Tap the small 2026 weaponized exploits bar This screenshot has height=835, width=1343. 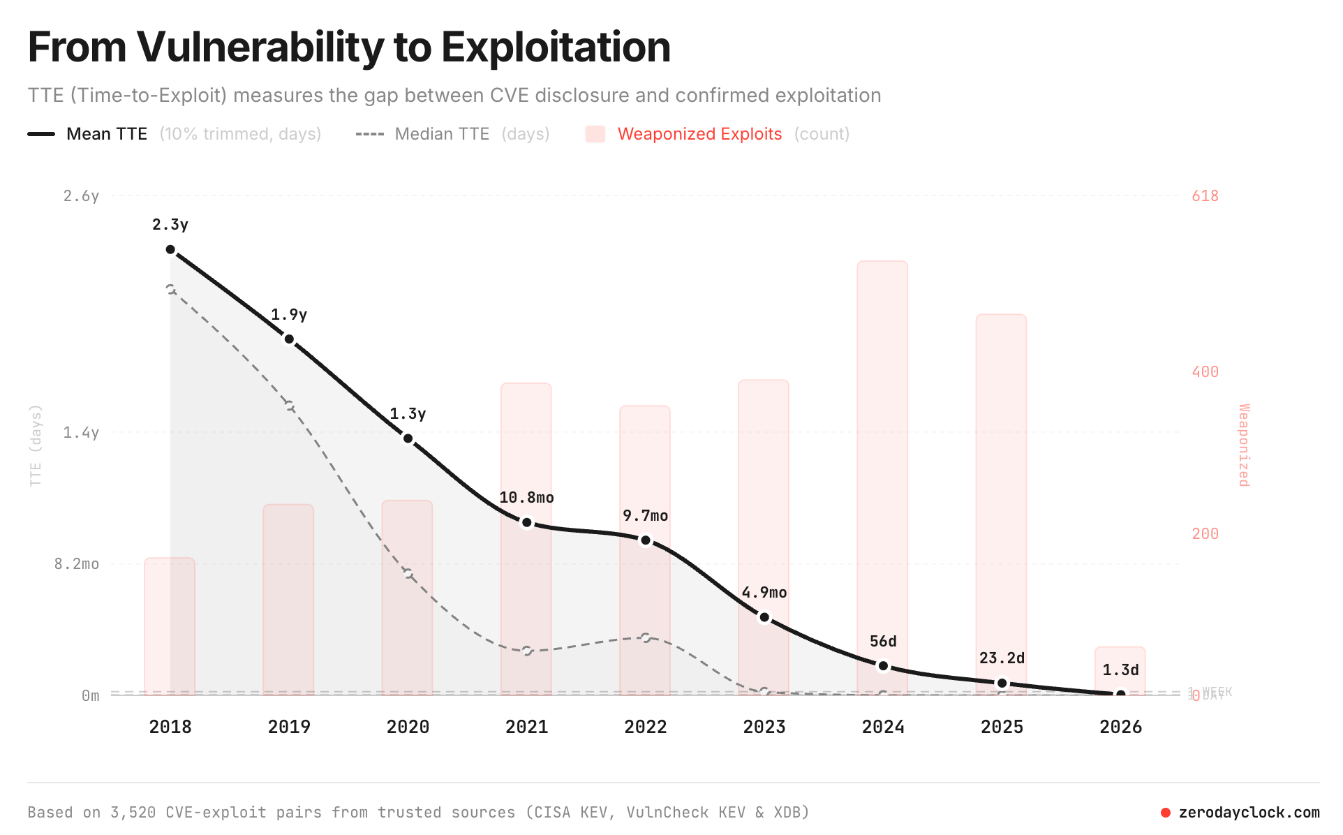[1120, 660]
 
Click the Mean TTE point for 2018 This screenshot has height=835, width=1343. [170, 250]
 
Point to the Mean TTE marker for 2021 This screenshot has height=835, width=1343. [527, 523]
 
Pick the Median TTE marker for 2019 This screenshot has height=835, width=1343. [289, 406]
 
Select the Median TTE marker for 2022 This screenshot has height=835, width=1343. [646, 637]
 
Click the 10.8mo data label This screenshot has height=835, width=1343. [526, 498]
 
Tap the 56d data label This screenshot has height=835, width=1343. [883, 642]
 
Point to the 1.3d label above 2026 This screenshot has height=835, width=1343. [1120, 670]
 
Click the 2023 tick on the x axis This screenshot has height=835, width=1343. [764, 727]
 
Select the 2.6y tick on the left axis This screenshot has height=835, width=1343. [81, 196]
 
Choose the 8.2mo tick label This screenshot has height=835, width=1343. [77, 564]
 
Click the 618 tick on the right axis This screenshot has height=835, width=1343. [1205, 196]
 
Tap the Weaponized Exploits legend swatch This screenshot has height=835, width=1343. [595, 134]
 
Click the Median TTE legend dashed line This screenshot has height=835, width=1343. [369, 134]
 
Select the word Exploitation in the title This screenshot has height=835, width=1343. [556, 47]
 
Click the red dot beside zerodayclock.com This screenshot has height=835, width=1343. [1165, 813]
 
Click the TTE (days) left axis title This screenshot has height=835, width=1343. [36, 445]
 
